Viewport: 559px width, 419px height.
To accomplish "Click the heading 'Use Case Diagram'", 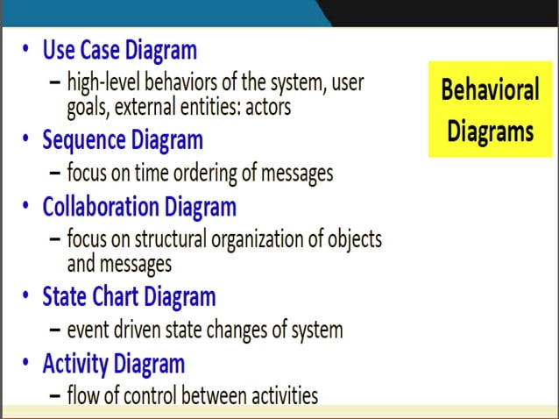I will point(119,50).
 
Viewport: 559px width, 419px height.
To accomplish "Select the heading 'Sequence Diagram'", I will point(122,140).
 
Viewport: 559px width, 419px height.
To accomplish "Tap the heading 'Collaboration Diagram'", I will point(138,208).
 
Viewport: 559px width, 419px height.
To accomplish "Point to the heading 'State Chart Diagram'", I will point(129,297).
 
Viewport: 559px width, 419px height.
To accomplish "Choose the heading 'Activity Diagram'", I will point(113,364).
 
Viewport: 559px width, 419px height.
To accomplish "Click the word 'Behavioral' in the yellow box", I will point(490,91).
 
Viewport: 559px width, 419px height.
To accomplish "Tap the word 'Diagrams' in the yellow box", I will point(490,131).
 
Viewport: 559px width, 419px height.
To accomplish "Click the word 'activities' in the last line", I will point(281,396).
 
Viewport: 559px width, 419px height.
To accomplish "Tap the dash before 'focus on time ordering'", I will point(54,173).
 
